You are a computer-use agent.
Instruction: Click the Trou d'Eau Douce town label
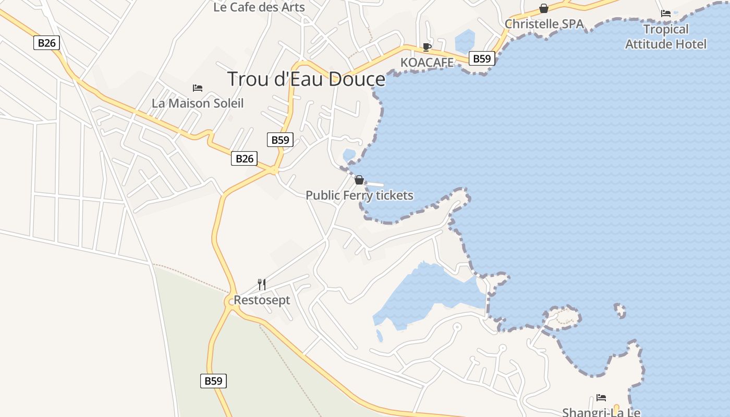pyautogui.click(x=306, y=79)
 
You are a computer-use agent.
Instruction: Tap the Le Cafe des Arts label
pyautogui.click(x=259, y=7)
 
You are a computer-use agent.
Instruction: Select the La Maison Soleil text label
pyautogui.click(x=198, y=103)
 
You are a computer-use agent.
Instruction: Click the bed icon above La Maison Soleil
pyautogui.click(x=198, y=88)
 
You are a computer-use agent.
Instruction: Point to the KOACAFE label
pyautogui.click(x=427, y=63)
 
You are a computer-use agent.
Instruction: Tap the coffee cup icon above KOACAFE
pyautogui.click(x=427, y=47)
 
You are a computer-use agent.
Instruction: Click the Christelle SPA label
pyautogui.click(x=544, y=24)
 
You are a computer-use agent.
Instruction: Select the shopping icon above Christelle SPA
pyautogui.click(x=544, y=8)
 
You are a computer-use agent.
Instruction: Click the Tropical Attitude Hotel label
pyautogui.click(x=666, y=36)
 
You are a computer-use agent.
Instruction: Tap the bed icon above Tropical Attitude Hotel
pyautogui.click(x=666, y=14)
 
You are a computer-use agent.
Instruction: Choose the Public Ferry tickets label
pyautogui.click(x=359, y=195)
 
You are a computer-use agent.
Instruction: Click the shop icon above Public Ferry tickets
pyautogui.click(x=359, y=180)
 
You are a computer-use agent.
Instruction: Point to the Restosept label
pyautogui.click(x=262, y=300)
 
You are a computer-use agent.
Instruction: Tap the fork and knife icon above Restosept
pyautogui.click(x=262, y=285)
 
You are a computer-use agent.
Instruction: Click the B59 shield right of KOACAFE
pyautogui.click(x=481, y=58)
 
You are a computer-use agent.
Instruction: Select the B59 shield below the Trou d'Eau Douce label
pyautogui.click(x=280, y=140)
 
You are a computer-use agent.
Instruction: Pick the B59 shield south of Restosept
pyautogui.click(x=213, y=381)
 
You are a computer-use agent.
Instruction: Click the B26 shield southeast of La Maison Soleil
pyautogui.click(x=244, y=158)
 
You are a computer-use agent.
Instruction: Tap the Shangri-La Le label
pyautogui.click(x=601, y=412)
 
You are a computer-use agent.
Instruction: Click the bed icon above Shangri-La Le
pyautogui.click(x=601, y=398)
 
